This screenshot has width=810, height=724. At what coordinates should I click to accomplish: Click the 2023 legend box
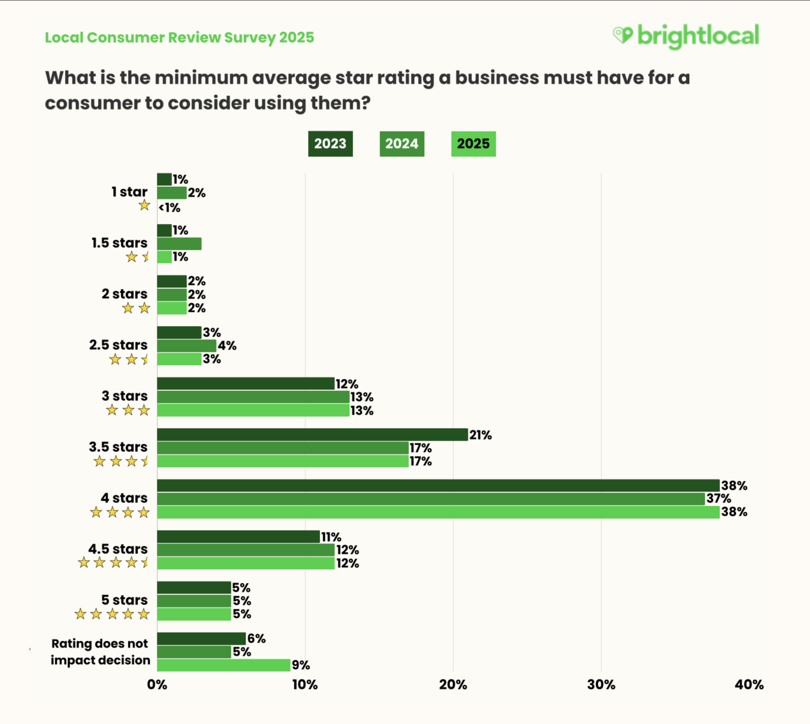click(330, 144)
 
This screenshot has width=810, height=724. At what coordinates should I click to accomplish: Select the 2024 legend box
click(401, 144)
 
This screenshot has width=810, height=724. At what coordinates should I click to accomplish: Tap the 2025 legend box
click(473, 144)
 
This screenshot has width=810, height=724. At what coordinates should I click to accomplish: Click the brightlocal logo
click(686, 36)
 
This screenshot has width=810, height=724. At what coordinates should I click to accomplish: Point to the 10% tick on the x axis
click(305, 684)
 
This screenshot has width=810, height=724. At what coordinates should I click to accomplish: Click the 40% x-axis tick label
click(749, 684)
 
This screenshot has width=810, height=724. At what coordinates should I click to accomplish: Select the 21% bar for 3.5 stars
click(312, 435)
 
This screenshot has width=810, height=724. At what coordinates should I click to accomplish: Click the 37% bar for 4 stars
click(430, 499)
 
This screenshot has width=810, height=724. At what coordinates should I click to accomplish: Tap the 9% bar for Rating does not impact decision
click(223, 665)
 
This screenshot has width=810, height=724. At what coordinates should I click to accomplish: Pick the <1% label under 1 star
click(170, 208)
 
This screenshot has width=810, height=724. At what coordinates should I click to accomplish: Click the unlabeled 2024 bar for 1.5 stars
click(179, 244)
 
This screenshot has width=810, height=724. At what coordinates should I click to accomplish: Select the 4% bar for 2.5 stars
click(186, 346)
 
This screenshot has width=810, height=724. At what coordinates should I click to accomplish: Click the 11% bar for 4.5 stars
click(238, 537)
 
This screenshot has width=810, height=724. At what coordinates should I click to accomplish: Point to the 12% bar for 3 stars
click(246, 383)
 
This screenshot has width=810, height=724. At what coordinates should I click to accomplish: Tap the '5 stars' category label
click(124, 600)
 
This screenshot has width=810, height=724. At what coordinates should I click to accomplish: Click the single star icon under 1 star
click(144, 205)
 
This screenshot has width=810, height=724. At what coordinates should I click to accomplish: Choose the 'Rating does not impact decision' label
click(100, 651)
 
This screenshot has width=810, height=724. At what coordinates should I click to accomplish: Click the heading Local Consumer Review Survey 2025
click(179, 38)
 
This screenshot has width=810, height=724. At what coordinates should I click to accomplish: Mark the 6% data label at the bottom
click(256, 638)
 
